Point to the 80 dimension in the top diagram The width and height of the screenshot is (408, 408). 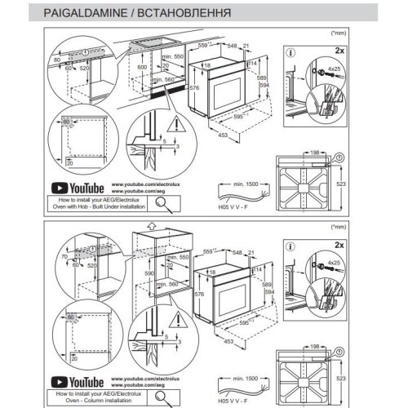pyautogui.click(x=58, y=60)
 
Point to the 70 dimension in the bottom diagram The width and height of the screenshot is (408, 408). pyautogui.click(x=58, y=255)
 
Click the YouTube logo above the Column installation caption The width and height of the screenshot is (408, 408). pyautogui.click(x=78, y=382)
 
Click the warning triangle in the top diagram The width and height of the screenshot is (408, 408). pyautogui.click(x=177, y=125)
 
